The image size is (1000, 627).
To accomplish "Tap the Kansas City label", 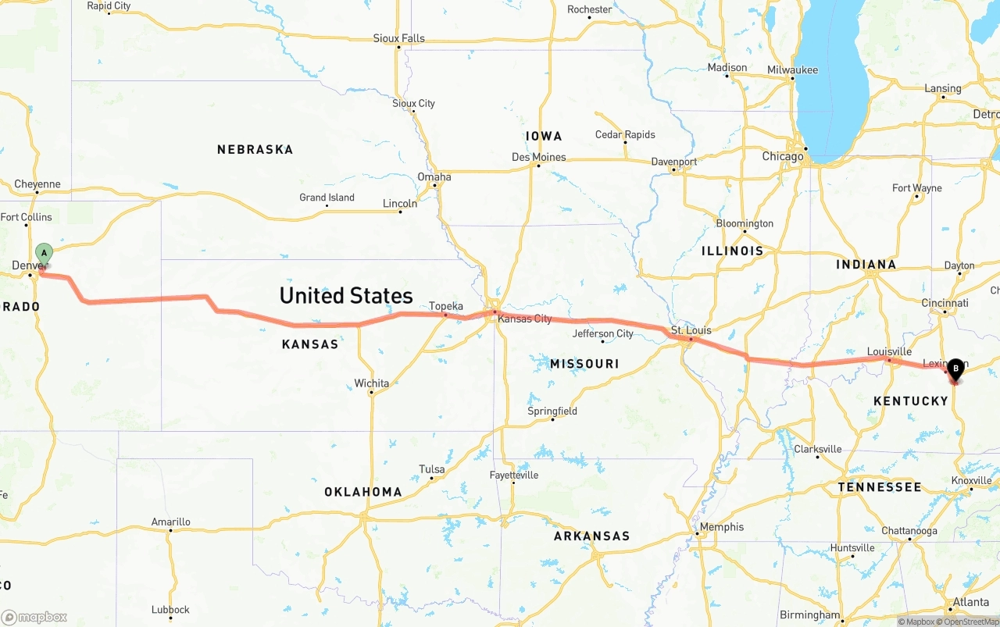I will point(524,319).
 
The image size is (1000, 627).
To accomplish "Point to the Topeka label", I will point(446,306).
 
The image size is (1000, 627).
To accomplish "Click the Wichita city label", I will point(371,383).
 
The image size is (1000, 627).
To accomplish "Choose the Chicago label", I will point(783,156).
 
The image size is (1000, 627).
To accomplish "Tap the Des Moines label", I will point(538,157).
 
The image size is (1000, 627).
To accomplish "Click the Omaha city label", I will point(434,176).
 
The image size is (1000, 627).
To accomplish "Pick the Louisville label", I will point(889,351).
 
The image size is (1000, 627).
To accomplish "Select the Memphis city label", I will point(722,527).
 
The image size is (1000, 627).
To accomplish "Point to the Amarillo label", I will point(170,522).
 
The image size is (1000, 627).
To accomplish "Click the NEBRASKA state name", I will point(255,149).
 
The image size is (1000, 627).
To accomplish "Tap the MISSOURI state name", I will point(584,364).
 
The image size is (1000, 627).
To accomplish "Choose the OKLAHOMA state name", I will point(363,492).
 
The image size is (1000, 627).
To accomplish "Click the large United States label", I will point(346,295).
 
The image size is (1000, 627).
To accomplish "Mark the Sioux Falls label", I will point(398,38).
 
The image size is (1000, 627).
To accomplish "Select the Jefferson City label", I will point(603,333).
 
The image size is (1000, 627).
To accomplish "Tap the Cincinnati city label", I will point(945,303).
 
